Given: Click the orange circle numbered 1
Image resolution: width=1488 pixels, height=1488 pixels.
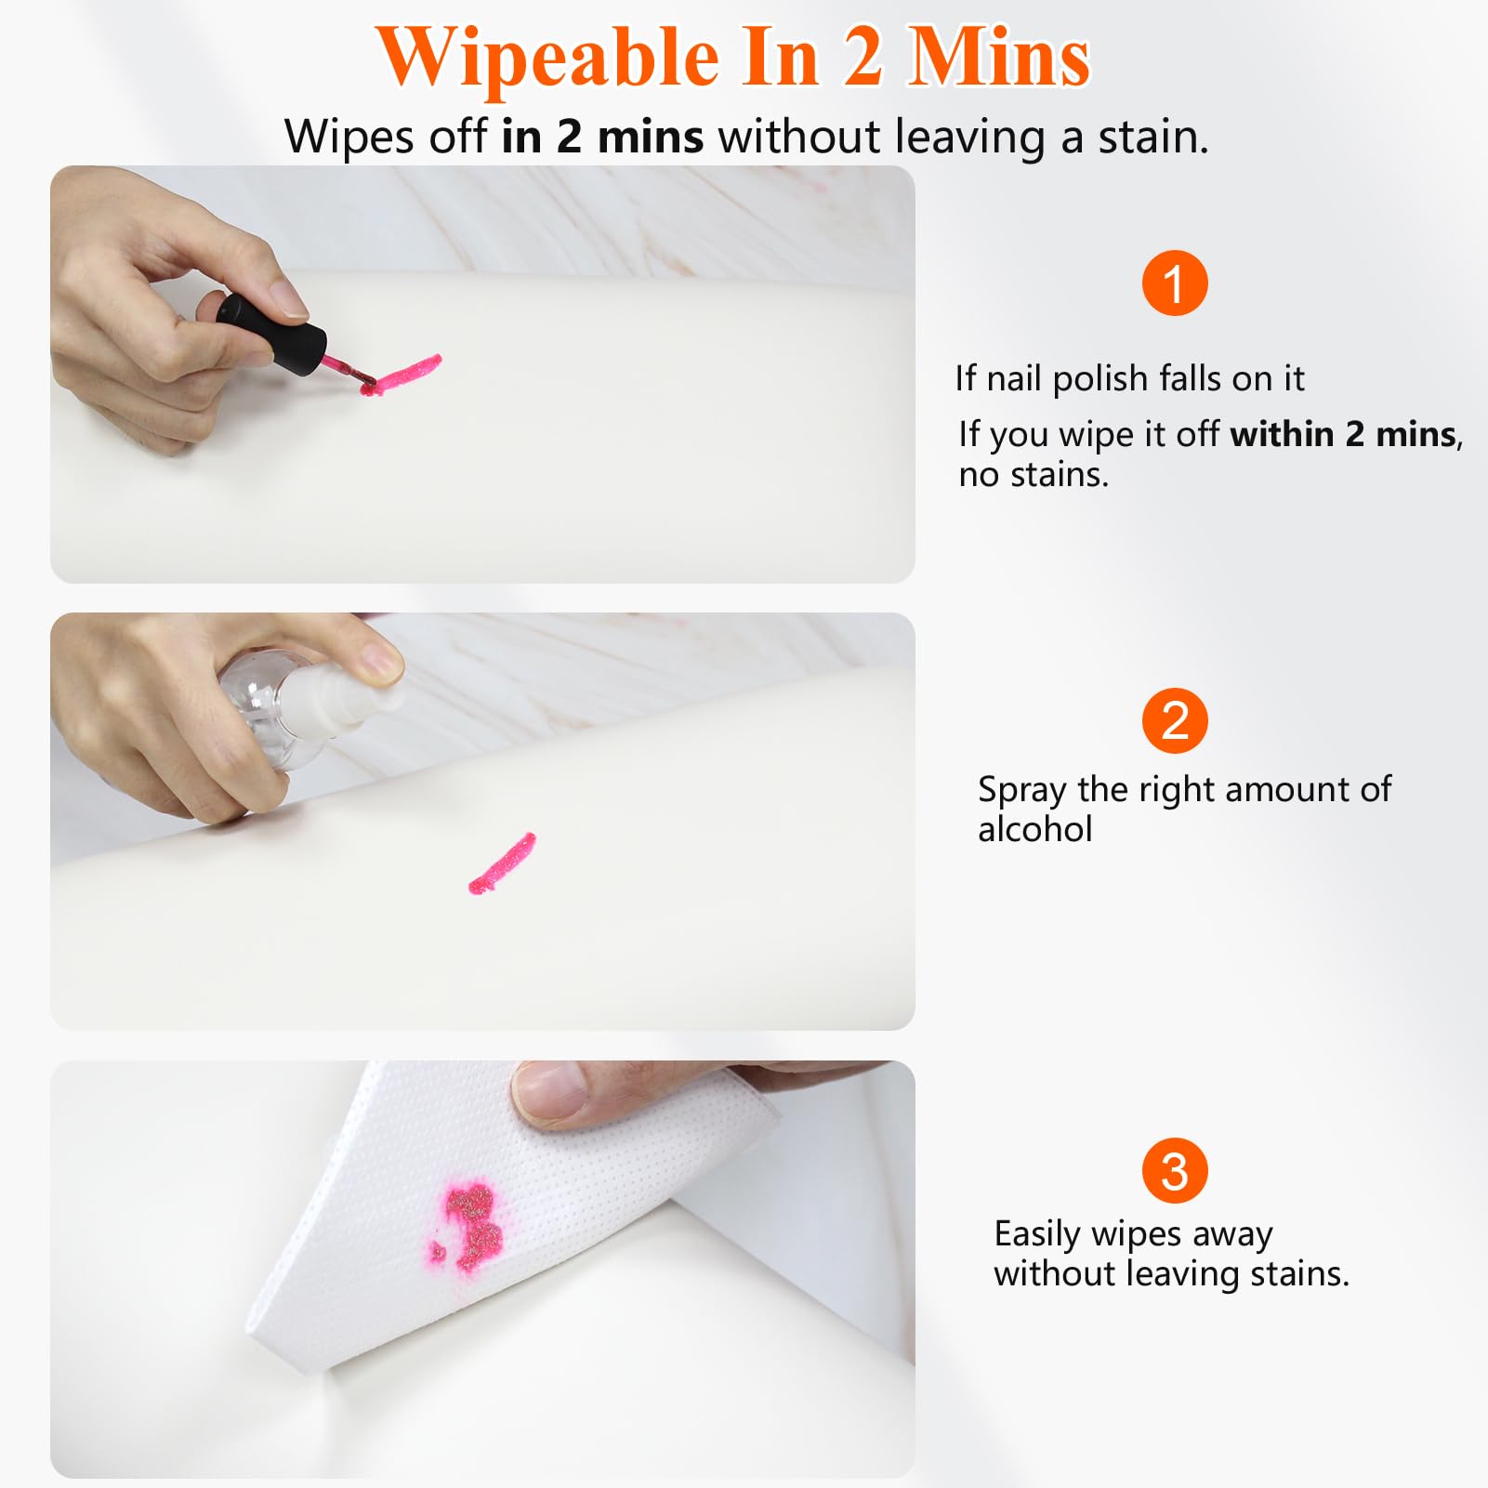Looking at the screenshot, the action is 1175,283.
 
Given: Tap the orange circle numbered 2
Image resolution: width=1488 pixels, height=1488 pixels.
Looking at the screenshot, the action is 1175,721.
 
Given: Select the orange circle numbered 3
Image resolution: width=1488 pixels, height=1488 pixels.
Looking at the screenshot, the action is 1175,1171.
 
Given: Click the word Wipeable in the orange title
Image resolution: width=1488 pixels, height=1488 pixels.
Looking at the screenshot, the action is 549,58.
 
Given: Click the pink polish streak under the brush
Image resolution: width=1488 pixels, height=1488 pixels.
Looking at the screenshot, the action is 401,374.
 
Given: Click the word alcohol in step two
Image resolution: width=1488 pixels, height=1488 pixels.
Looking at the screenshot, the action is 1034,829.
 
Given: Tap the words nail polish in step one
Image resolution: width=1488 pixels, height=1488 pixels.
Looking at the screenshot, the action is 1067,378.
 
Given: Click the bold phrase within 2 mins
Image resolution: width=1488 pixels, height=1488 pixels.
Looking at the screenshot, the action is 1343,433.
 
